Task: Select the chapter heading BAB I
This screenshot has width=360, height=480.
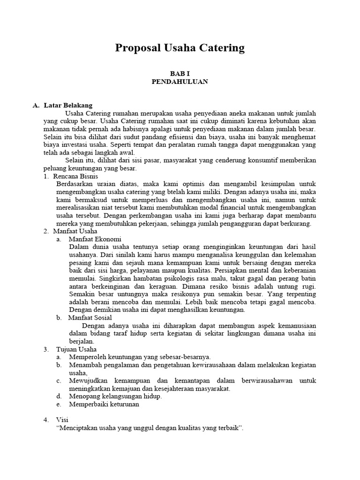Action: [x=180, y=73]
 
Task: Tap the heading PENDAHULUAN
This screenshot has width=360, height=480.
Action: [x=180, y=81]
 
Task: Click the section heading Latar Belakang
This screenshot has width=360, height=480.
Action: [x=68, y=105]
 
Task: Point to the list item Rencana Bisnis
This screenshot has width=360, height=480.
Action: [x=75, y=176]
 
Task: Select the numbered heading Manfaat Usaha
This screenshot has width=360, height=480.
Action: [x=75, y=231]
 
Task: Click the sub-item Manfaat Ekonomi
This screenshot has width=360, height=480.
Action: [x=95, y=239]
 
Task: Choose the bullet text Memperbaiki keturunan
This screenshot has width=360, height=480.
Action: [x=104, y=404]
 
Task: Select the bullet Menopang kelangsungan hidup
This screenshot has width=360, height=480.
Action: [x=115, y=396]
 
